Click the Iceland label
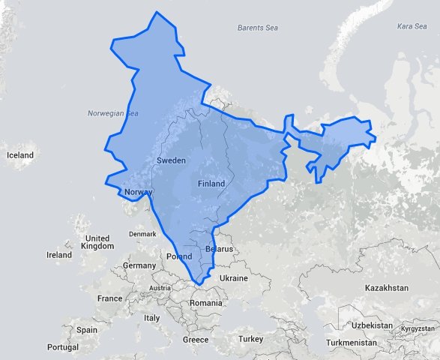(20, 155)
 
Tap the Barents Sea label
(257, 28)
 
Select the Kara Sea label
(412, 26)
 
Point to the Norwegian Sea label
(113, 113)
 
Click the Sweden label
(171, 160)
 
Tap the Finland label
(211, 183)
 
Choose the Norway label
(139, 192)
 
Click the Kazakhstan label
(386, 288)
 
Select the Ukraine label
(233, 277)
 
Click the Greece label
(196, 340)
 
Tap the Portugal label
(62, 347)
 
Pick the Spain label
(86, 329)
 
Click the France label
(109, 298)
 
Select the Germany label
(139, 265)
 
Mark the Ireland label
(59, 255)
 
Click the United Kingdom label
(98, 242)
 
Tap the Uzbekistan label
(373, 325)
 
